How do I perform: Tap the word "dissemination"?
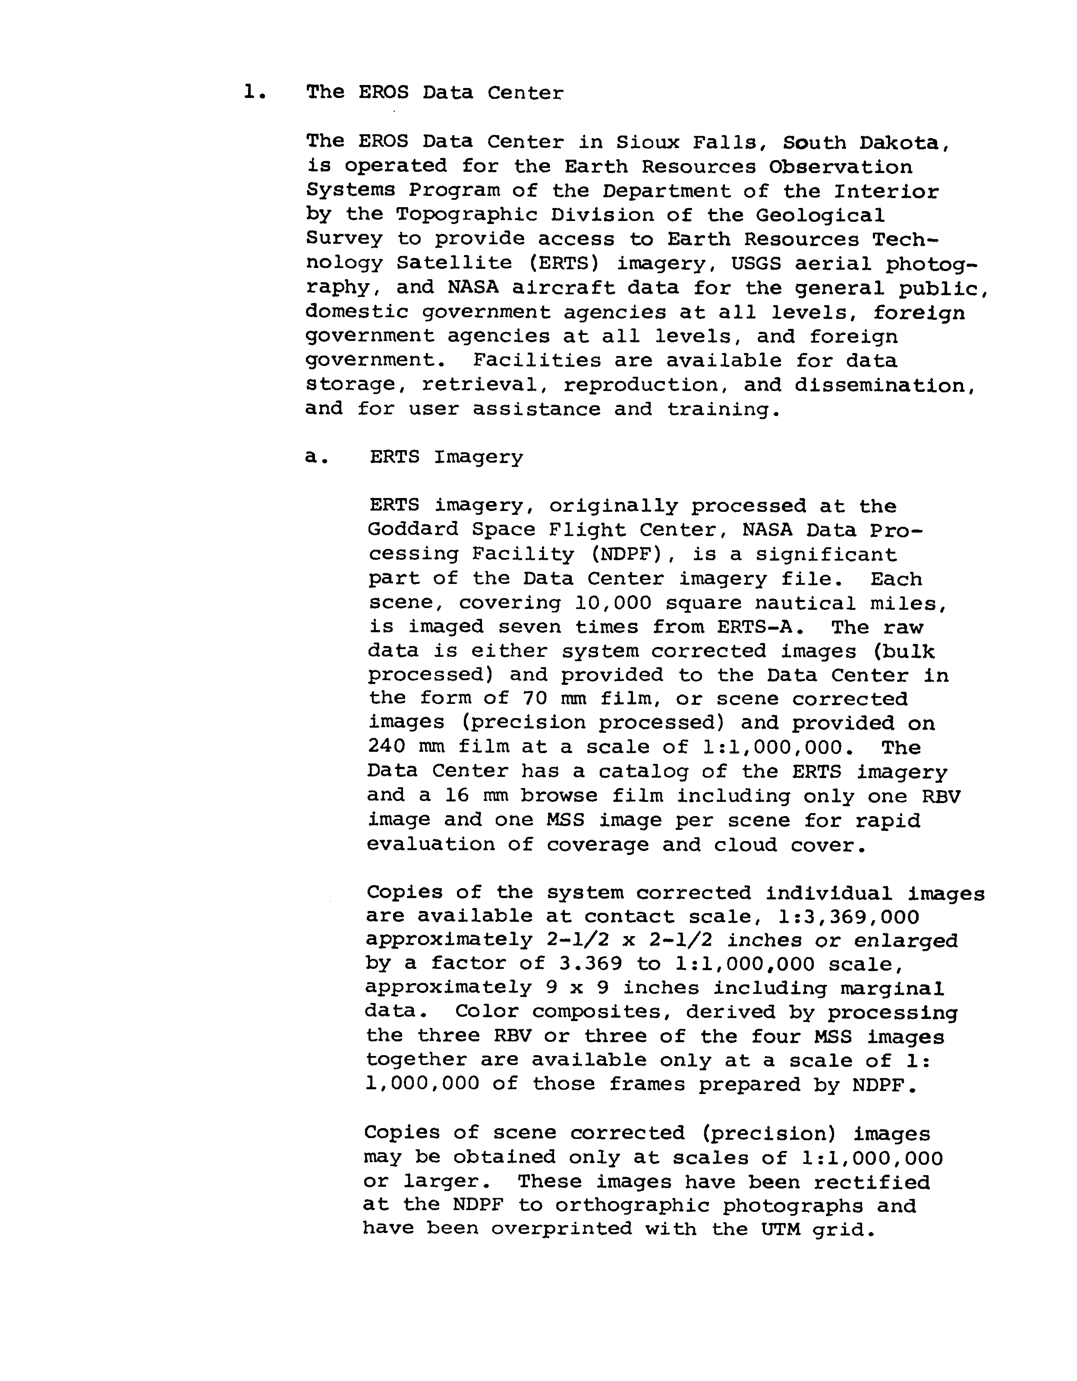click(885, 385)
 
